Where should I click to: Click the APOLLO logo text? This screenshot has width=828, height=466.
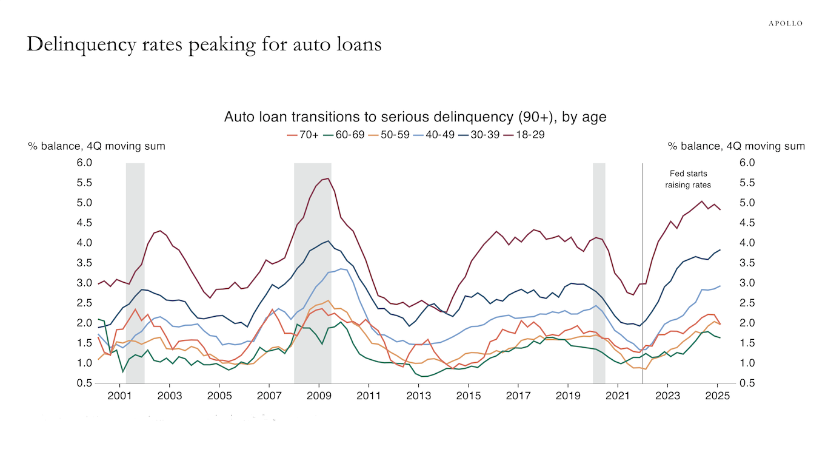(785, 23)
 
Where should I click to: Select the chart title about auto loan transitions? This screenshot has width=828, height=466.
(415, 116)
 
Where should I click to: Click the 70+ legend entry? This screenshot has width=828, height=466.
(302, 135)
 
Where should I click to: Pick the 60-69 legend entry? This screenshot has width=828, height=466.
(347, 135)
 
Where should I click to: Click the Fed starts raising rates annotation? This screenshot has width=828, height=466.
(688, 179)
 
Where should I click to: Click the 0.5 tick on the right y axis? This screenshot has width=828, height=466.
(746, 383)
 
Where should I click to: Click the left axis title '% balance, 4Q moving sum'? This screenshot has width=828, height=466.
(96, 146)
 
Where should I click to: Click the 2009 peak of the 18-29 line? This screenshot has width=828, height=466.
(328, 178)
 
